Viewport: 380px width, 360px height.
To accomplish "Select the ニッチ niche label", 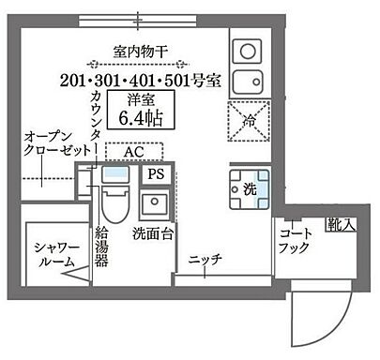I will [x=204, y=261].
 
